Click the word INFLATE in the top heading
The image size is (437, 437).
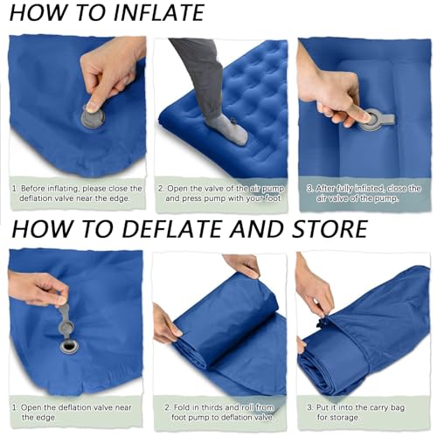pyautogui.click(x=148, y=13)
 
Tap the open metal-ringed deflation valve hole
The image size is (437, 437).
pyautogui.click(x=69, y=346)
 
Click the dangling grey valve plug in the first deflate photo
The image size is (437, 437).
pyautogui.click(x=66, y=320)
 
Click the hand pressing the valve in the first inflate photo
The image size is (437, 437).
pyautogui.click(x=109, y=70)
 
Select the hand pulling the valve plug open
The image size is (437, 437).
pyautogui.click(x=35, y=288)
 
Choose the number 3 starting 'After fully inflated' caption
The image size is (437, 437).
pyautogui.click(x=309, y=187)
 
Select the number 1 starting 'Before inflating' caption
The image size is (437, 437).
pyautogui.click(x=13, y=187)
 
